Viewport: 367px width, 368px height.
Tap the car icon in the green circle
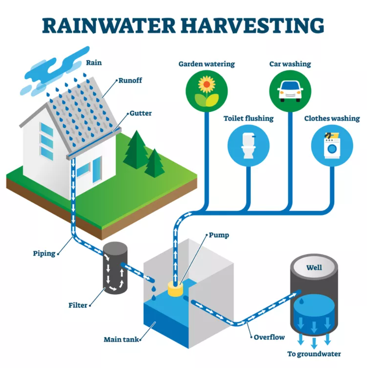point(290,91)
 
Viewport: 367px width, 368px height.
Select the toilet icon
point(248,145)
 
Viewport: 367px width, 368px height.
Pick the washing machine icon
point(332,145)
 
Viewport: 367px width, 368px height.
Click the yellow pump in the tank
point(175,288)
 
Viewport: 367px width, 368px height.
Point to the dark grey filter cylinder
point(115,268)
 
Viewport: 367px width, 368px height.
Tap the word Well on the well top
point(314,268)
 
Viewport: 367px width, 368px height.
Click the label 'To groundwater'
point(314,354)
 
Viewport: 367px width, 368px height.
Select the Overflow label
point(269,337)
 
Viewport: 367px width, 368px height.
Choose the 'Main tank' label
point(121,339)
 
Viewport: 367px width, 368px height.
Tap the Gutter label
point(141,113)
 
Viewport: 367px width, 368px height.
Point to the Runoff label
point(130,80)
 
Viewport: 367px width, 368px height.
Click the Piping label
point(44,253)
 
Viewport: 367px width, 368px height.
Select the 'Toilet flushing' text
point(248,118)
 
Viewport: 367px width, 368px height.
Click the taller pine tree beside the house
point(136,150)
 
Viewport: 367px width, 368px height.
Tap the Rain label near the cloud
point(94,63)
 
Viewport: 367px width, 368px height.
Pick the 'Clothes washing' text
point(332,118)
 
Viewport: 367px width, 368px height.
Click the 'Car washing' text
point(290,64)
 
